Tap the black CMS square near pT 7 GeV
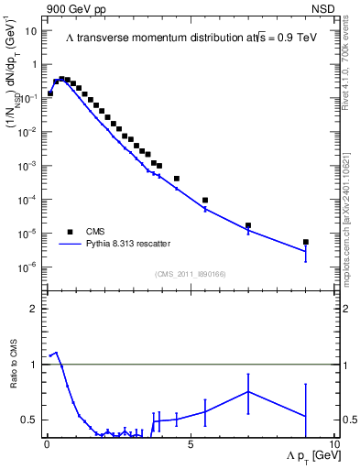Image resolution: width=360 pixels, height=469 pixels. (x=248, y=225)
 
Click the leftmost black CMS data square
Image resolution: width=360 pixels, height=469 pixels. (x=50, y=93)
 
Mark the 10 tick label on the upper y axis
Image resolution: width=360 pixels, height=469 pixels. (x=30, y=30)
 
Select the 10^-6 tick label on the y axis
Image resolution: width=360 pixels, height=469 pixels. (x=27, y=267)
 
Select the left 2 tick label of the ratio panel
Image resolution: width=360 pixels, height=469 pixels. (x=32, y=309)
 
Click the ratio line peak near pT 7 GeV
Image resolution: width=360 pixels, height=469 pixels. (x=248, y=391)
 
